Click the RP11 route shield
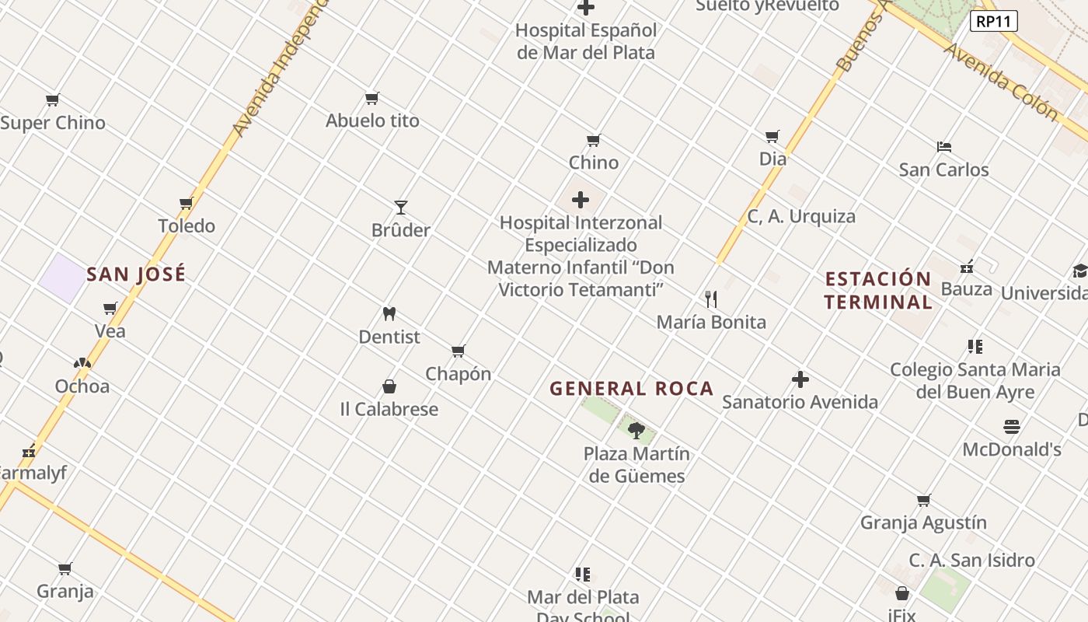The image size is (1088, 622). tap(994, 21)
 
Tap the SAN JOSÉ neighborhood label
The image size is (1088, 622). tap(136, 274)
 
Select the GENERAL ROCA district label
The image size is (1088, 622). tap(631, 389)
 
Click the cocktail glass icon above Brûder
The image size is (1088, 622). tap(401, 208)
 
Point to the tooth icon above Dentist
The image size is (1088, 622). tap(389, 314)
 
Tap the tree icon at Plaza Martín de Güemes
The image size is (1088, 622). tap(636, 431)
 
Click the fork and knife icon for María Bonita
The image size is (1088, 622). tap(710, 299)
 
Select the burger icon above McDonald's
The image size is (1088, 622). tap(1011, 427)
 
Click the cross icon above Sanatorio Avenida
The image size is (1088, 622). tap(800, 379)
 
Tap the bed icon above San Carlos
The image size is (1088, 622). tap(944, 147)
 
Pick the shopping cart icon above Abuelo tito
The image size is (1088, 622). tap(372, 99)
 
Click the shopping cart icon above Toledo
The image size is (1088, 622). tap(187, 204)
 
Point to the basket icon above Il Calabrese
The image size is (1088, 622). tap(389, 386)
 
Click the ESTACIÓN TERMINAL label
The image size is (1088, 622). tap(878, 290)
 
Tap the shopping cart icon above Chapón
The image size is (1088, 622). tap(459, 351)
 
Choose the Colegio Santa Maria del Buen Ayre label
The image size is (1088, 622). tap(975, 380)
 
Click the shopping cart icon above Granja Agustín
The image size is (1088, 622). tap(923, 501)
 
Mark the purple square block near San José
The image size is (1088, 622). tap(63, 278)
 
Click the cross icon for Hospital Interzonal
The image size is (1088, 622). tap(581, 201)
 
